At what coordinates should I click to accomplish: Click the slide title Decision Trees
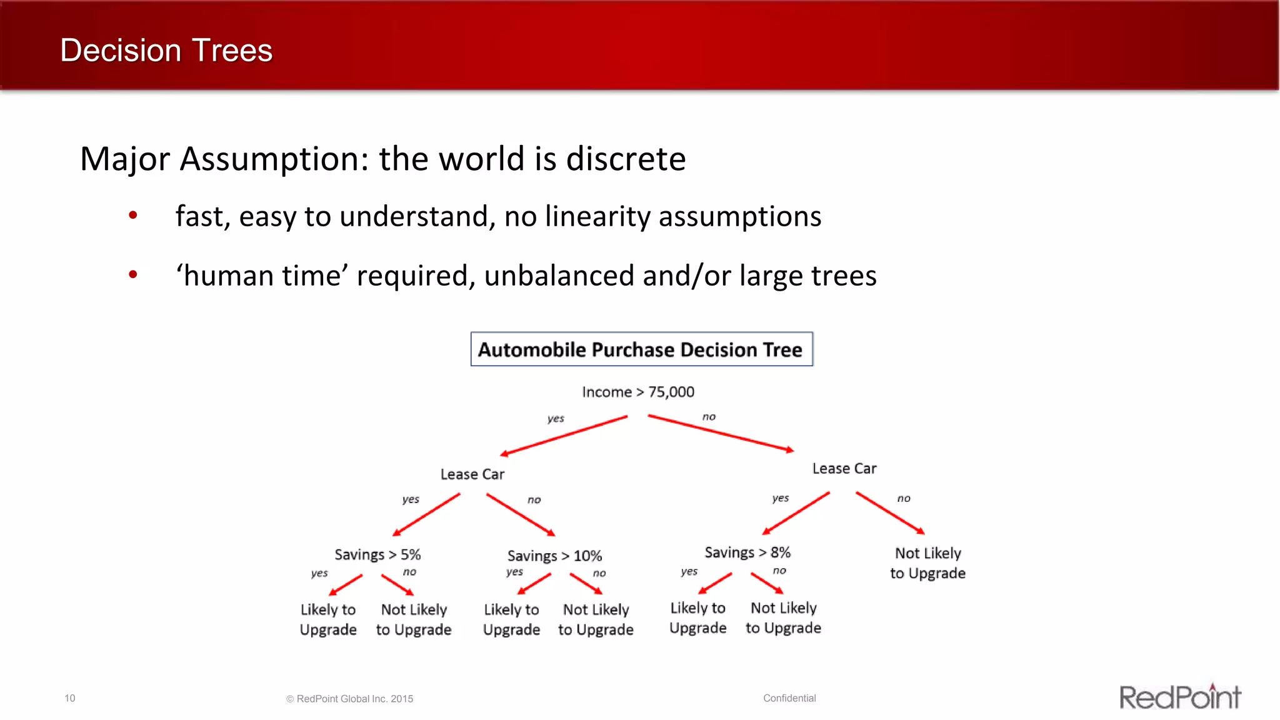pos(166,50)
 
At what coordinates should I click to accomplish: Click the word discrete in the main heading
pos(626,159)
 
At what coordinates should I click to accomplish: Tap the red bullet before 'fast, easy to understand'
pos(132,216)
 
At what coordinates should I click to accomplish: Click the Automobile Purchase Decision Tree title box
pos(641,349)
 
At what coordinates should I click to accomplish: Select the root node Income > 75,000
pos(637,392)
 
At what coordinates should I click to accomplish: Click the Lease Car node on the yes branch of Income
pos(472,474)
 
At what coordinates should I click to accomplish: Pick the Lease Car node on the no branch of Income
pos(844,469)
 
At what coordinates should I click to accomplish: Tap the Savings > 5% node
pos(377,554)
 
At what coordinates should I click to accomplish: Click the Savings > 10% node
pos(554,556)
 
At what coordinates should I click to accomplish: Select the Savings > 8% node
pos(747,552)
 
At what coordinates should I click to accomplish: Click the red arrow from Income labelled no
pos(720,432)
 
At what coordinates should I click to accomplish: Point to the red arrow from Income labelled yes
pos(564,436)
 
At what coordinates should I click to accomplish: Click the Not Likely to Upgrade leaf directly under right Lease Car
pos(927,563)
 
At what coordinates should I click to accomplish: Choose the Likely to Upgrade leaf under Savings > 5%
pos(328,619)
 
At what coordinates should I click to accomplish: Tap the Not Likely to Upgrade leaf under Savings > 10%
pos(596,619)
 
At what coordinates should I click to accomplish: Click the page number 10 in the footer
pos(70,698)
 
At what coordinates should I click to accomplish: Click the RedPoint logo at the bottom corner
pos(1180,697)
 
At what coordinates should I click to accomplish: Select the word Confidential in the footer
pos(789,698)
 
